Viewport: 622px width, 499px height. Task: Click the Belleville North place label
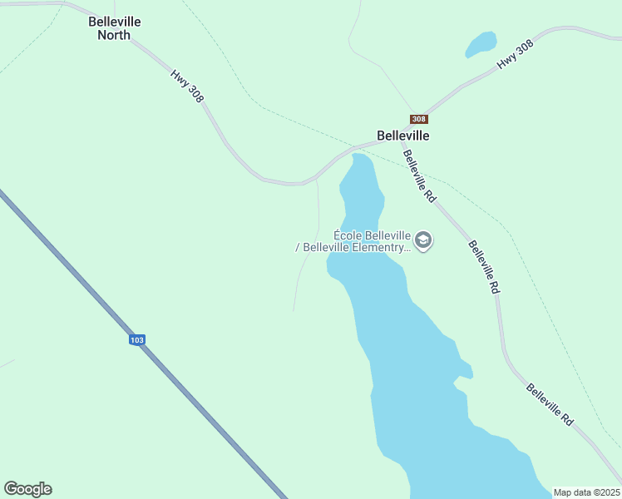[x=115, y=28]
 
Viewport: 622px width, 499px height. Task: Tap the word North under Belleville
[x=114, y=35]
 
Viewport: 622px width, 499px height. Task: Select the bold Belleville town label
[x=402, y=135]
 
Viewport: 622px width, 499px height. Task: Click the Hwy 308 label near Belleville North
[x=187, y=86]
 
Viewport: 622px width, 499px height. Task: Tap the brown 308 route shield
[x=419, y=119]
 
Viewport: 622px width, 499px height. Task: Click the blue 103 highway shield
[x=137, y=339]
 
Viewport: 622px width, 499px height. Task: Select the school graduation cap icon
[x=423, y=241]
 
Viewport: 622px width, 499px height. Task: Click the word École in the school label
[x=348, y=235]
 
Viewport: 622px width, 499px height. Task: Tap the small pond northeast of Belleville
[x=481, y=43]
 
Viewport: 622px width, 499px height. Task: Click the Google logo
[x=27, y=488]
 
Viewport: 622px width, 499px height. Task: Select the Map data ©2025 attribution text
[x=586, y=492]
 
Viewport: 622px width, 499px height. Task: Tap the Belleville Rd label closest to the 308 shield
[x=419, y=175]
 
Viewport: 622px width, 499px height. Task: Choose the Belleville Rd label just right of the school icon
[x=483, y=267]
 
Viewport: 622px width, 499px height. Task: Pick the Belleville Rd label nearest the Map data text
[x=550, y=405]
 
